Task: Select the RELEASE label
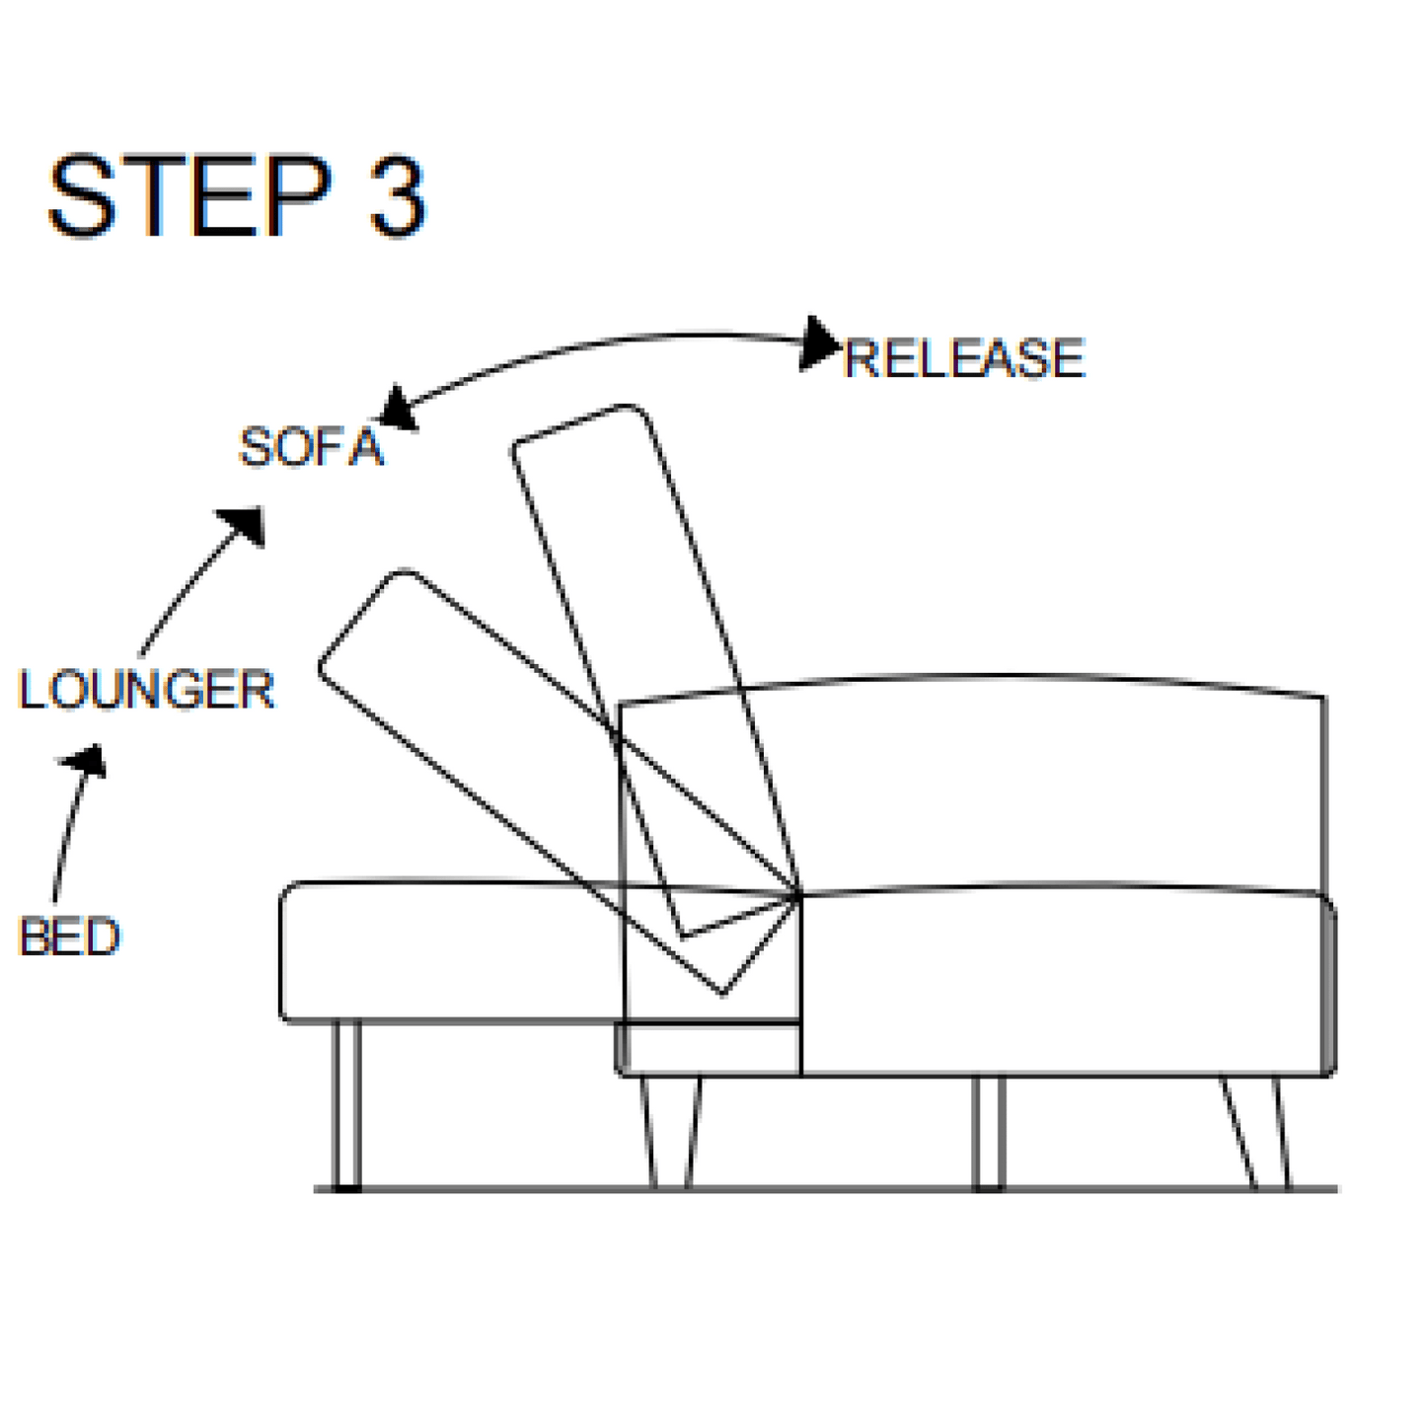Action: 964,358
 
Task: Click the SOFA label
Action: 311,448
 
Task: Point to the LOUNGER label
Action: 146,690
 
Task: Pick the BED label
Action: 69,937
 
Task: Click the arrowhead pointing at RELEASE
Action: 818,342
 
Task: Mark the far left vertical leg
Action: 346,1105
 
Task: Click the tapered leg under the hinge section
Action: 672,1131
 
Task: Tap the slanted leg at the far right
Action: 1255,1131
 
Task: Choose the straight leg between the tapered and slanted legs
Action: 988,1131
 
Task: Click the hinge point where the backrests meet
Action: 797,896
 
